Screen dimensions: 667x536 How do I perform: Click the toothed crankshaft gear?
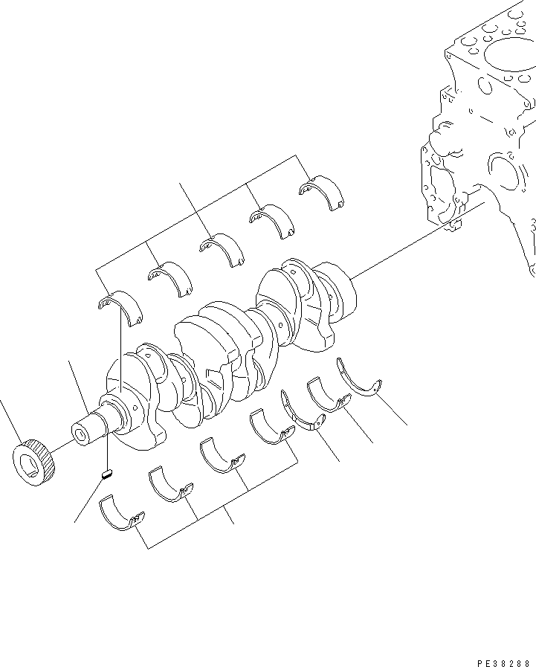34,463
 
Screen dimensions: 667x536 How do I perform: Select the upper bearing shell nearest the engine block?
321,191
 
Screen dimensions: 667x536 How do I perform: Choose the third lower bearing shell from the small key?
221,454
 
